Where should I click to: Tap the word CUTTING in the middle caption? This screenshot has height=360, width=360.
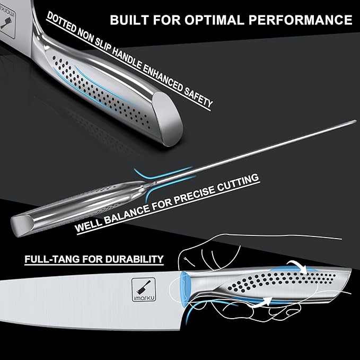238,183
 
